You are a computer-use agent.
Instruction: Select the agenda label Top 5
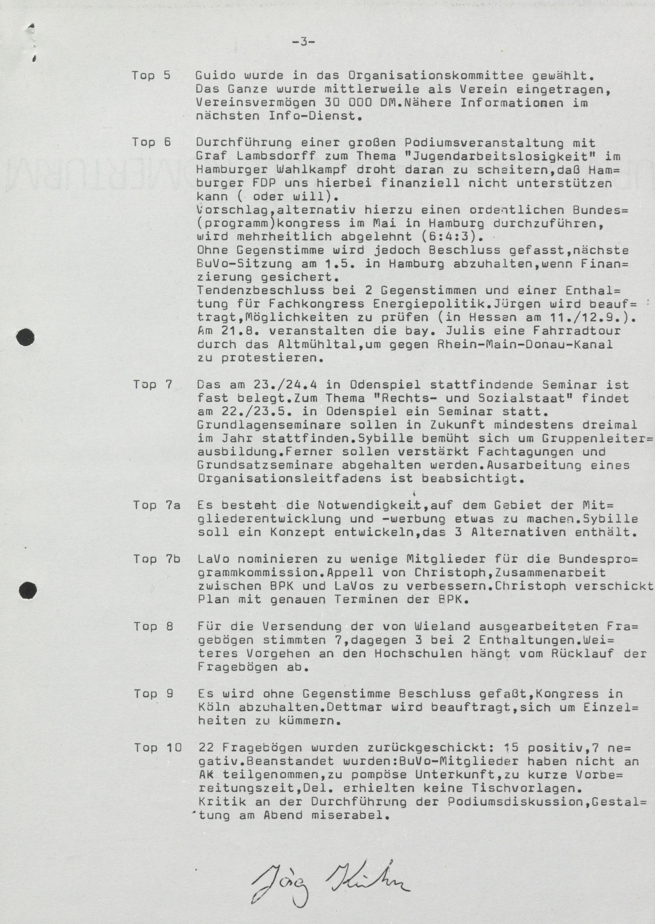(x=151, y=75)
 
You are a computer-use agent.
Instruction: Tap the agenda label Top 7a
(x=157, y=505)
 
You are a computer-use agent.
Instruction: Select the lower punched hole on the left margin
(x=28, y=591)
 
